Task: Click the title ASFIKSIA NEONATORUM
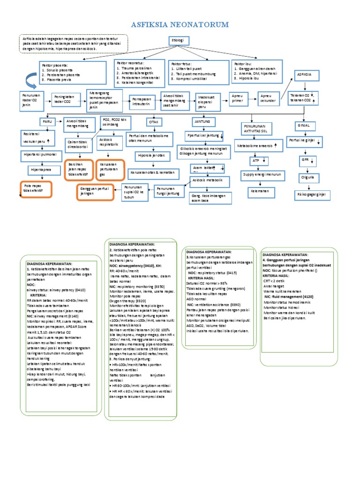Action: pyautogui.click(x=180, y=24)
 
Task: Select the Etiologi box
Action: pyautogui.click(x=178, y=41)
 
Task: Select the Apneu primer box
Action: pyautogui.click(x=238, y=99)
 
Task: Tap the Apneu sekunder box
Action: pyautogui.click(x=268, y=99)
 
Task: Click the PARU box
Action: pyautogui.click(x=46, y=120)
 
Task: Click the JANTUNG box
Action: pyautogui.click(x=202, y=121)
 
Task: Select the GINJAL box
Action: pyautogui.click(x=302, y=126)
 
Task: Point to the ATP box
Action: pyautogui.click(x=256, y=161)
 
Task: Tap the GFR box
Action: pyautogui.click(x=306, y=160)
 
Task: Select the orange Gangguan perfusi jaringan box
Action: pyautogui.click(x=95, y=192)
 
